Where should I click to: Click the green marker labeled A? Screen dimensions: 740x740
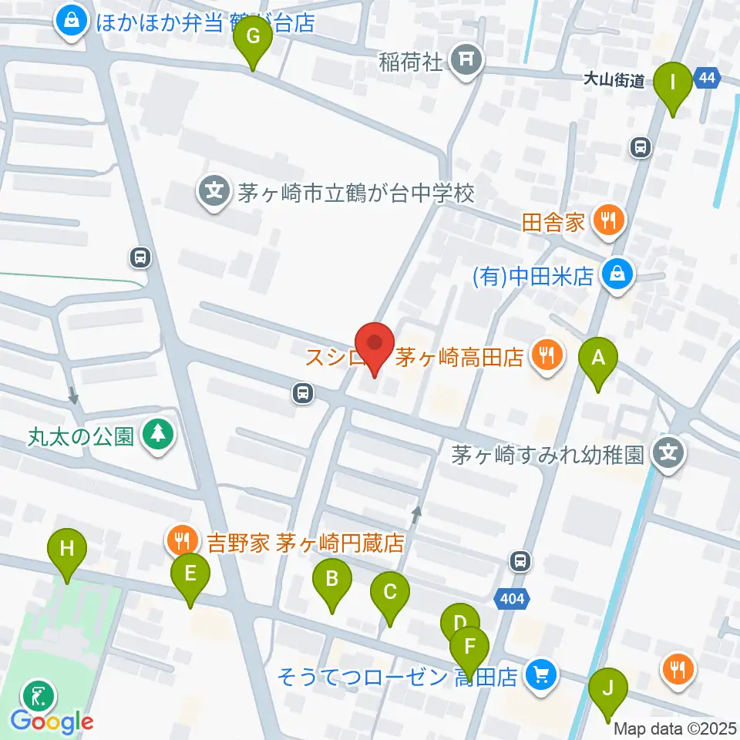[x=597, y=358]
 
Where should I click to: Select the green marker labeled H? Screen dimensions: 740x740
[x=67, y=550]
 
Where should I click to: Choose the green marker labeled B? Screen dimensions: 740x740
[x=331, y=579]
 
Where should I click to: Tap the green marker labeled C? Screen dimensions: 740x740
[x=389, y=593]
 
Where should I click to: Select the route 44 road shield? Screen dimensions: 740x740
[x=707, y=78]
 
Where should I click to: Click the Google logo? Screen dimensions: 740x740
[x=52, y=721]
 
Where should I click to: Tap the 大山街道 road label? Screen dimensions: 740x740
[x=614, y=81]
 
